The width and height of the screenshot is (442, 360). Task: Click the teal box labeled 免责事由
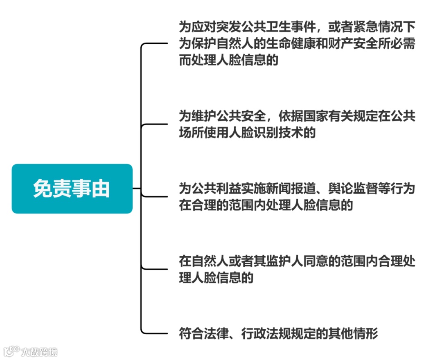click(x=72, y=189)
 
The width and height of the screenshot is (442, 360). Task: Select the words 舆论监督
click(x=350, y=189)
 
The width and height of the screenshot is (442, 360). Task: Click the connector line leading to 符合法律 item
click(x=158, y=333)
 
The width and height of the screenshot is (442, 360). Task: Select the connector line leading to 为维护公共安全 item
click(x=158, y=124)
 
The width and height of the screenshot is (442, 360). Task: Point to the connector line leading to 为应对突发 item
click(x=158, y=43)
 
